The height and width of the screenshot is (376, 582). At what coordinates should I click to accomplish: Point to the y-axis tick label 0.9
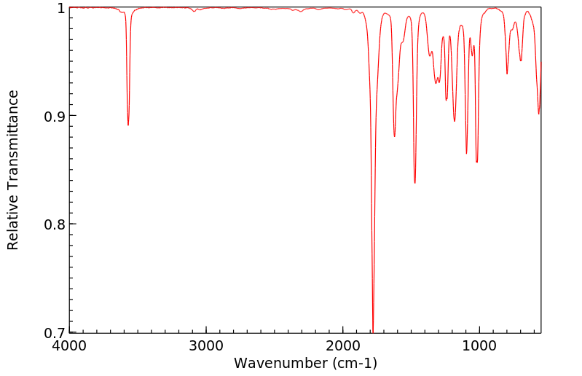coord(52,116)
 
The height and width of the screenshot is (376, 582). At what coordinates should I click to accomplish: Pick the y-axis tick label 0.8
coord(52,224)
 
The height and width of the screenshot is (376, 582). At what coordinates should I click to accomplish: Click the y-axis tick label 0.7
coord(52,333)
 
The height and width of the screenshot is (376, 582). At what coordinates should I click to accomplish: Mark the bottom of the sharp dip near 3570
coord(128,125)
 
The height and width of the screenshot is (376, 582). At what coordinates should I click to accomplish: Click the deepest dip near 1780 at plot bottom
coord(373,330)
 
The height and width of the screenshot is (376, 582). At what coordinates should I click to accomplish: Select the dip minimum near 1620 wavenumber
coord(394,136)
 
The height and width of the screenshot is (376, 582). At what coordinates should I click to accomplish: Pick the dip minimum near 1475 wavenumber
coord(414,183)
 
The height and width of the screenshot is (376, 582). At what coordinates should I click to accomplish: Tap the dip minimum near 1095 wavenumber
coord(467,153)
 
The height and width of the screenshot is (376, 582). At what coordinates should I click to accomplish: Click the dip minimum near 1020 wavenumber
coord(476,162)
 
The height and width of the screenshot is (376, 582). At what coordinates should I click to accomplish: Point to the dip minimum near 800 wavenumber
coord(507,74)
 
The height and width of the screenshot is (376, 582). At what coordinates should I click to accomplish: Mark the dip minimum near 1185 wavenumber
coord(455,121)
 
